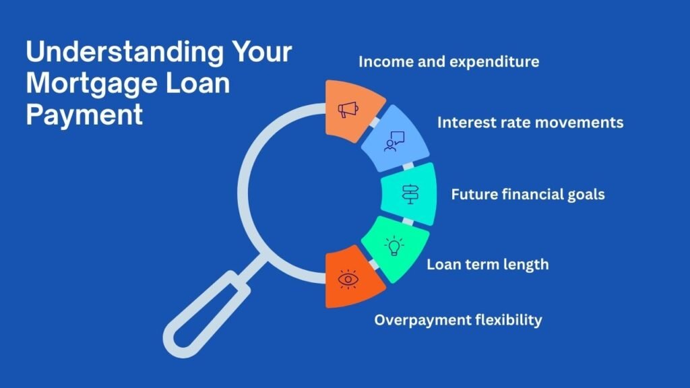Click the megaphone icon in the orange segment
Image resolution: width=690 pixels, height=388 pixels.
coord(348,110)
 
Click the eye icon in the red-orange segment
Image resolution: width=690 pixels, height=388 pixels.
coord(348,279)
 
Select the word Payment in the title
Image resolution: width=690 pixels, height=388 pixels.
coord(84,115)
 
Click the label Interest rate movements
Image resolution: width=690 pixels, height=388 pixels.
coord(530,123)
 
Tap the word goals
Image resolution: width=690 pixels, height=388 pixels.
coord(584,195)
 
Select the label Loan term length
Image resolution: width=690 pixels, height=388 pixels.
coord(487,264)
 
